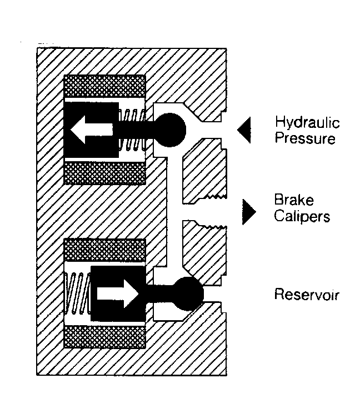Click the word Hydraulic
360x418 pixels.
tap(307, 122)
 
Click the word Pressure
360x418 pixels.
tap(305, 138)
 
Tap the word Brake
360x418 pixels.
tap(294, 200)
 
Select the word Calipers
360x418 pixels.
tap(302, 216)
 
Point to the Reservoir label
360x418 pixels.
tap(307, 295)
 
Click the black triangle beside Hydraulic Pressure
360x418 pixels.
tap(244, 130)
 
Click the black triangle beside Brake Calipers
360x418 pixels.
tap(249, 212)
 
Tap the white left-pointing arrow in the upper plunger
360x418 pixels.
tap(92, 130)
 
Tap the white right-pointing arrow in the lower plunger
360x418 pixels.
tap(118, 294)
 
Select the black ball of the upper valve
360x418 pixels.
tap(170, 130)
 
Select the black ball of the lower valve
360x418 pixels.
tap(188, 294)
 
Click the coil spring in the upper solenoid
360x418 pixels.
tap(132, 130)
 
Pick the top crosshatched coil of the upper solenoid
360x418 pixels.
tap(105, 86)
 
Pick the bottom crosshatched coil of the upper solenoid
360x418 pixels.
tap(105, 173)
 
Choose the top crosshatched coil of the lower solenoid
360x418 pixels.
tap(105, 250)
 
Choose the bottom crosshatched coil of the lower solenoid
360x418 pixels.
tap(105, 337)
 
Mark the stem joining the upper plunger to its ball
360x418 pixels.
tap(137, 130)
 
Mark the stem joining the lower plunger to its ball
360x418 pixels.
tap(160, 294)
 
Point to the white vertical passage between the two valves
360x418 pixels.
tap(175, 212)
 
